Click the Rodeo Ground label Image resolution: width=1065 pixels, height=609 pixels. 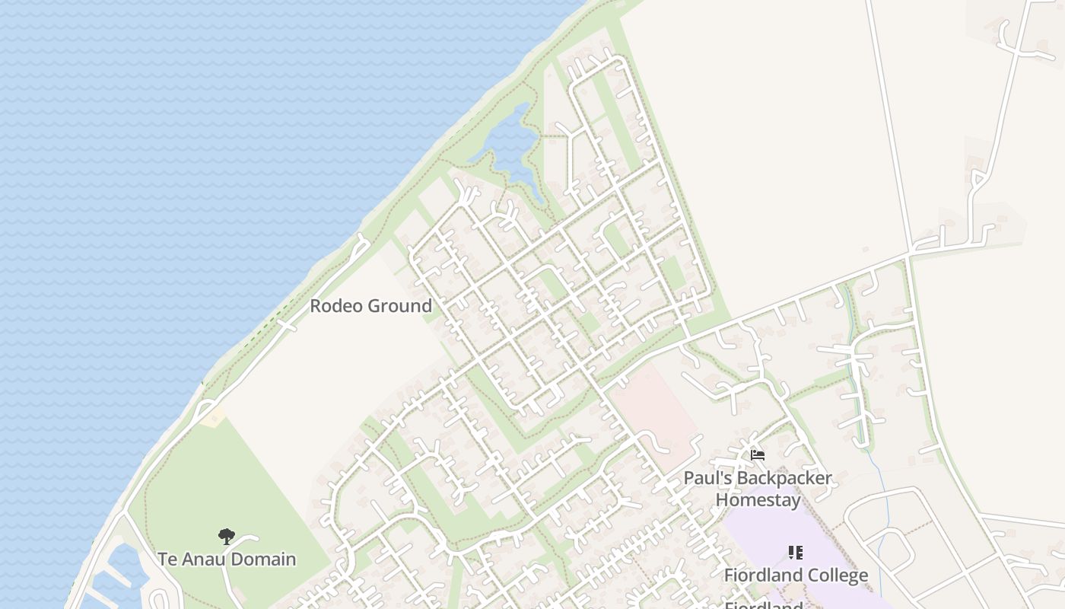click(x=370, y=306)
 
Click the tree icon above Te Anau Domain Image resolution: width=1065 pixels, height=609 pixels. click(x=227, y=537)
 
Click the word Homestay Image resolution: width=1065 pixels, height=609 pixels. click(x=758, y=500)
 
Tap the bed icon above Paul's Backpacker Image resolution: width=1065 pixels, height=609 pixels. click(x=758, y=455)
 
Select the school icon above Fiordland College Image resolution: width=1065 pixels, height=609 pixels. click(x=795, y=553)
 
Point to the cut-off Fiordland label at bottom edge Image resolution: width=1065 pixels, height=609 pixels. click(x=763, y=606)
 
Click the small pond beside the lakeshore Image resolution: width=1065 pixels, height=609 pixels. click(x=510, y=148)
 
